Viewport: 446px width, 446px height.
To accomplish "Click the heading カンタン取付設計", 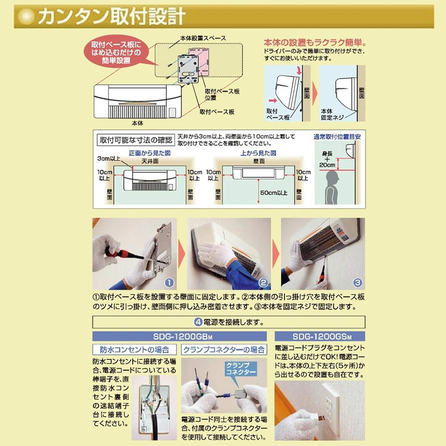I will click(x=111, y=17).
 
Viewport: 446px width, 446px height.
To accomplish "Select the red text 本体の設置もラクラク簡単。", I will click(x=315, y=42).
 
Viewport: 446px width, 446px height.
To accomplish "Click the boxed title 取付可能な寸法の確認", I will click(x=135, y=140).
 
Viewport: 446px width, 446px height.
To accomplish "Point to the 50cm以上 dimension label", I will click(x=274, y=192).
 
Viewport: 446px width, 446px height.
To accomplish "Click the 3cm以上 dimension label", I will click(x=106, y=158).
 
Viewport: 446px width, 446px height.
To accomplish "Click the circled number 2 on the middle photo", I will click(x=263, y=282).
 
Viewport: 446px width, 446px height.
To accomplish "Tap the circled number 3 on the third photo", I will click(x=358, y=282).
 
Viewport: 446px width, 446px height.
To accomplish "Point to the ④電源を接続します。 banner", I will click(x=228, y=322).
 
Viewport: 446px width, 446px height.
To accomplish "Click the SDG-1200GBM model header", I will click(x=179, y=336).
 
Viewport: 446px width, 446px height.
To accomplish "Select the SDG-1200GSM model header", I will click(x=320, y=336).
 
